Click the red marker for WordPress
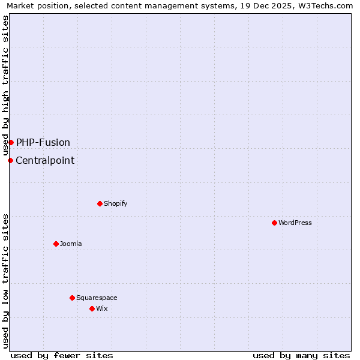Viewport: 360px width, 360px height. coord(274,223)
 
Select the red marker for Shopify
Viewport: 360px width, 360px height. coord(100,203)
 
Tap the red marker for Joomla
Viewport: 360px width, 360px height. coord(56,244)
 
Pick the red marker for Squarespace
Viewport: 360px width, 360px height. coord(72,298)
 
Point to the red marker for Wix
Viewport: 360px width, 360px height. coord(92,308)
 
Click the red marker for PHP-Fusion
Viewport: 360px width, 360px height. coord(11,142)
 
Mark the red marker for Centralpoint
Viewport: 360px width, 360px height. coord(10,160)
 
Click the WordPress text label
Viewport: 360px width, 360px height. coord(295,223)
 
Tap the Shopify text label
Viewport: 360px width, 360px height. coord(116,203)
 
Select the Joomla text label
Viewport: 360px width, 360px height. coord(71,244)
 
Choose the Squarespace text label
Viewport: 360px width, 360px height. coord(97,298)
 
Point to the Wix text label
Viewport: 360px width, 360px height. coord(102,308)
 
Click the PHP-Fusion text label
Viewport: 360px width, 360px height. coord(43,142)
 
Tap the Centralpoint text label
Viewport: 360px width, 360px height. coord(45,160)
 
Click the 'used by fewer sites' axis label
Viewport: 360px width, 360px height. coord(62,355)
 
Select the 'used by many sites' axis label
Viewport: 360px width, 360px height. coord(301,355)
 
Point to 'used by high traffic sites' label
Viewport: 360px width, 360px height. coord(5,85)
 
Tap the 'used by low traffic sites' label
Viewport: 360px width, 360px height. coord(5,281)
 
